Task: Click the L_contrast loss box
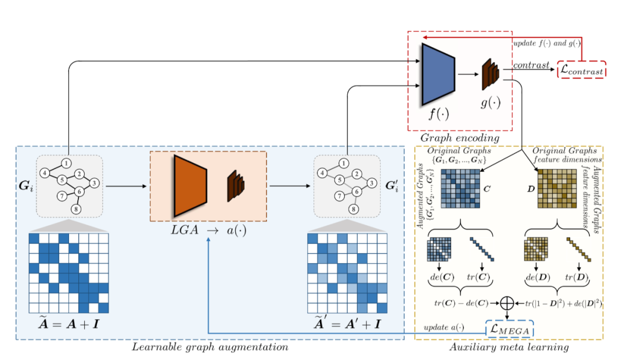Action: (x=581, y=70)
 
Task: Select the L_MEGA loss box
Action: (x=509, y=329)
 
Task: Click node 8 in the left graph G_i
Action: (x=75, y=209)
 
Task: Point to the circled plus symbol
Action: (x=507, y=303)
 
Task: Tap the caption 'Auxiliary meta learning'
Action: (x=509, y=347)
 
